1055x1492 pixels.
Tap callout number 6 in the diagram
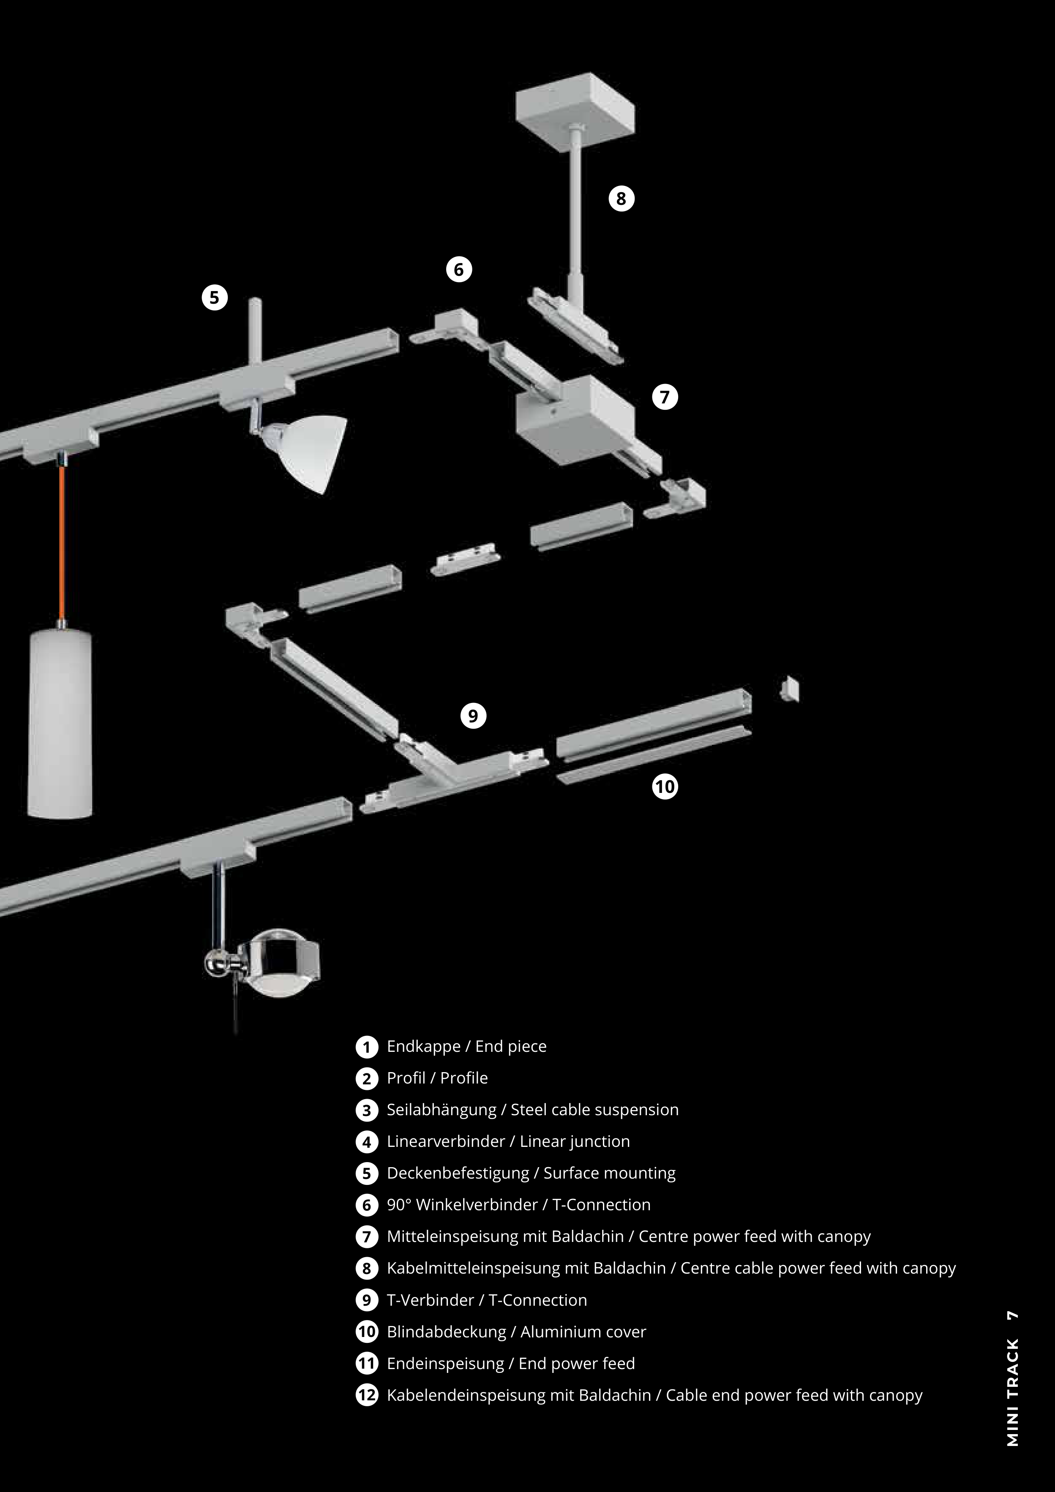[x=459, y=269]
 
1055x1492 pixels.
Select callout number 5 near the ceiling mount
[x=215, y=298]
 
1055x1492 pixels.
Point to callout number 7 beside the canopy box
[x=664, y=396]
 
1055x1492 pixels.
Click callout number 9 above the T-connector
[x=473, y=716]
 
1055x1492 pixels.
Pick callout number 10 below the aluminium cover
[x=664, y=786]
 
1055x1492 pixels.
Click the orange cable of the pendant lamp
[x=63, y=543]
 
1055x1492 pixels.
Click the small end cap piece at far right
[x=789, y=689]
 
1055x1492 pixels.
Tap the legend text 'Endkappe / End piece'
[x=467, y=1046]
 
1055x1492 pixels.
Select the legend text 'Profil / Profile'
[x=437, y=1078]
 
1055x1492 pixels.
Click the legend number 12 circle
[x=367, y=1395]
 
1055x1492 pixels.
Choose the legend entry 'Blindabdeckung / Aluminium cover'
[x=517, y=1331]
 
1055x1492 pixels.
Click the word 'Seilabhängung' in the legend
[x=442, y=1110]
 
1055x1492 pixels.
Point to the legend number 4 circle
[x=367, y=1142]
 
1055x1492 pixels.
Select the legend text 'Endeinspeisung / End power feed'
[x=511, y=1363]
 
